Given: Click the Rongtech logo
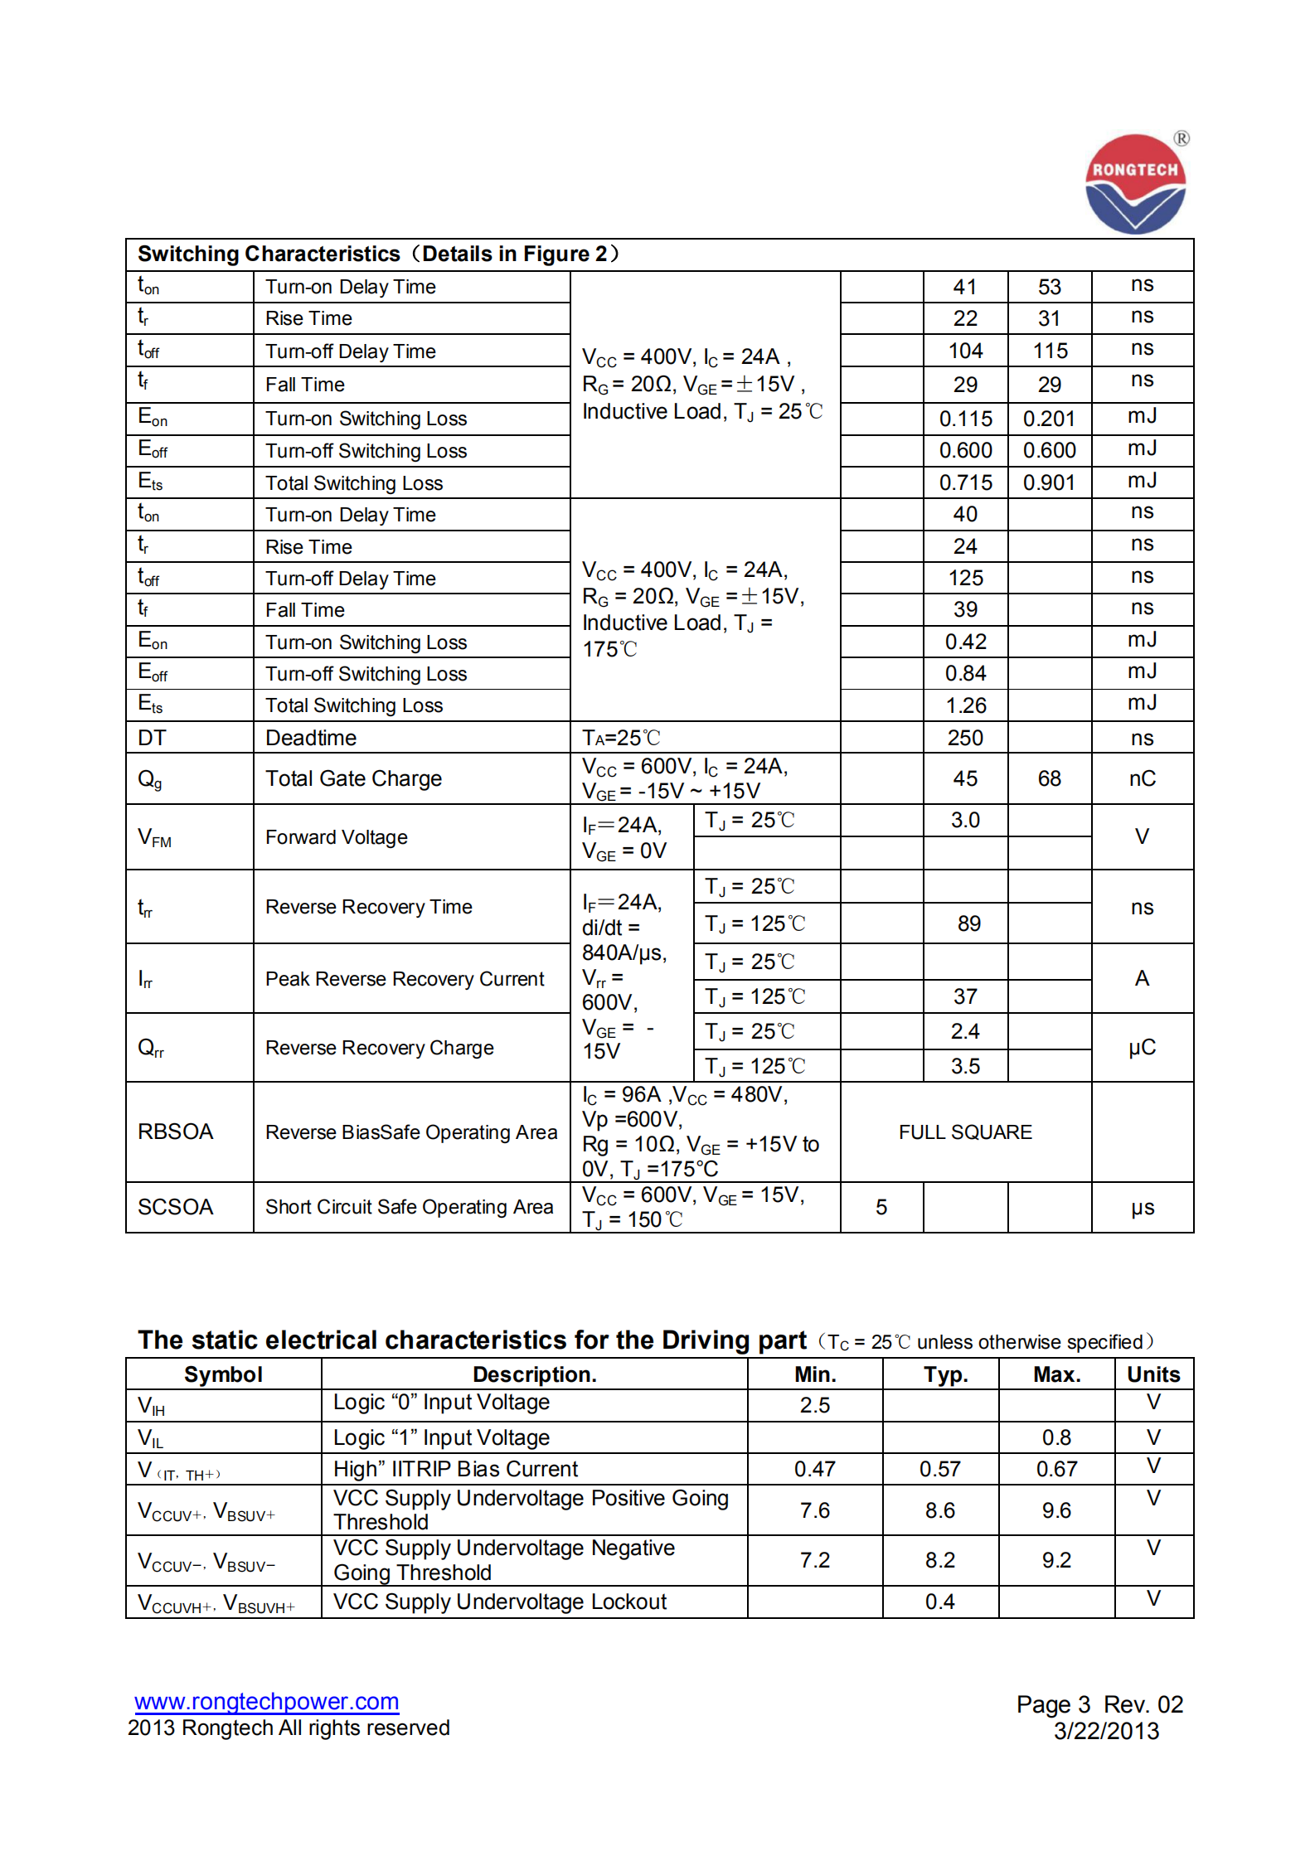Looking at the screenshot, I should [1135, 184].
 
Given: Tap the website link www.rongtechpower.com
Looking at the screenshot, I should [266, 1701].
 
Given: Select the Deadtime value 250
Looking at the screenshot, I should [965, 738].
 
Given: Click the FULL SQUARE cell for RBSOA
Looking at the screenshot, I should [965, 1132].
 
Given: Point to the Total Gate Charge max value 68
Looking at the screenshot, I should [1049, 778].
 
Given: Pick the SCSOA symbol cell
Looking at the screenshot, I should [176, 1207].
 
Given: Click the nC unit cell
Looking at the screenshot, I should [1142, 778].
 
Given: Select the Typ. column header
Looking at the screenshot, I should [945, 1374].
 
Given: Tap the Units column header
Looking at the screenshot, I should [1152, 1374].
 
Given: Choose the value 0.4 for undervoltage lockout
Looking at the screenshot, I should [939, 1602].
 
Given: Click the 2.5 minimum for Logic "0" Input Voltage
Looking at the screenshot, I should [814, 1405].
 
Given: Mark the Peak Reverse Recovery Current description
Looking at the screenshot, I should [405, 979].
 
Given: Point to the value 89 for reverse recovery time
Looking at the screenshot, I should [968, 923].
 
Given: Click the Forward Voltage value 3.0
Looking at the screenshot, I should [965, 820].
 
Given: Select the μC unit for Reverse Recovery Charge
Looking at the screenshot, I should [1142, 1048].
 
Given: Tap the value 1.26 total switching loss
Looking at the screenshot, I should [966, 705].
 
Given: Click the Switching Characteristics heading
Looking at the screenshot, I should [378, 254].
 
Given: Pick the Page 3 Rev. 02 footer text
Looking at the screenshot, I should [1099, 1704].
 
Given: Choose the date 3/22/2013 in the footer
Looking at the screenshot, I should [1106, 1731].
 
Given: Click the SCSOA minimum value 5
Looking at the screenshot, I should [881, 1207].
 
